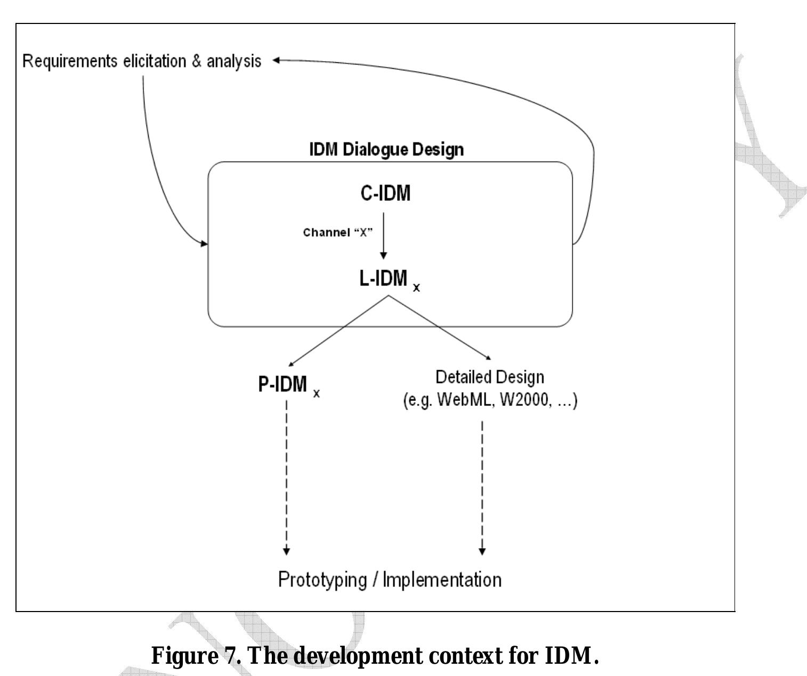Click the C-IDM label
[x=385, y=193]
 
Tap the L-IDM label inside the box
[x=383, y=278]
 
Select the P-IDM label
[x=283, y=384]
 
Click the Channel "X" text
[x=337, y=233]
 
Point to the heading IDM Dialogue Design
[x=386, y=149]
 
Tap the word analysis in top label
[x=234, y=61]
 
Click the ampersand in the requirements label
[x=197, y=61]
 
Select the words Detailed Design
[x=490, y=377]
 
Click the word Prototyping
[x=322, y=579]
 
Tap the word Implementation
[x=442, y=579]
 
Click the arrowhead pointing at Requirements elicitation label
[x=277, y=61]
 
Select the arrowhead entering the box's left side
[x=204, y=244]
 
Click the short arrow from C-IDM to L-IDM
[x=383, y=234]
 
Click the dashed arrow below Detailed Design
[x=482, y=485]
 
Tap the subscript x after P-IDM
[x=317, y=394]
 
